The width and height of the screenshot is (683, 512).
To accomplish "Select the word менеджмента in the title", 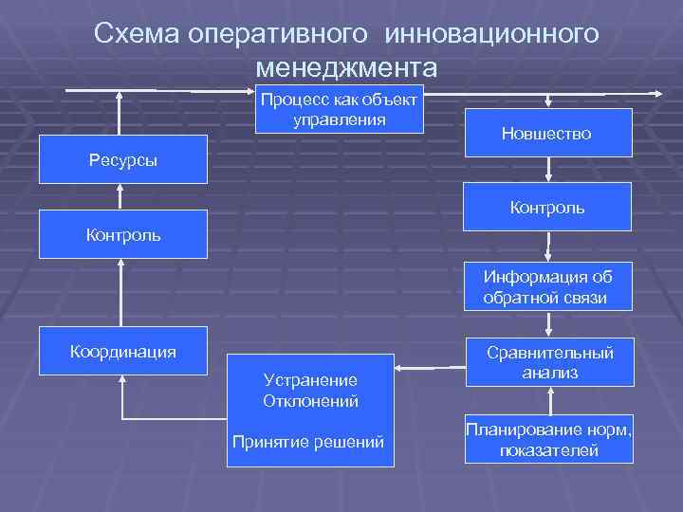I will coord(346,68).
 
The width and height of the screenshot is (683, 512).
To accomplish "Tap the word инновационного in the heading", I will coord(492,34).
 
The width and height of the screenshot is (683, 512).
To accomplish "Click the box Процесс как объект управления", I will coord(340,110).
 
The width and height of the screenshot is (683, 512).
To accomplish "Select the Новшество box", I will coord(546,134).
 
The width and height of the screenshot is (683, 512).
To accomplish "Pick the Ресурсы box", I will coord(122,160).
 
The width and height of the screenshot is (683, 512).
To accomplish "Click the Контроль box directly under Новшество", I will coord(546,208).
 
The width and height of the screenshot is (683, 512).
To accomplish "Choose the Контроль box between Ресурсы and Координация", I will coord(122,233).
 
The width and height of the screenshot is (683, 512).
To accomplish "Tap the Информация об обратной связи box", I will coord(546,287).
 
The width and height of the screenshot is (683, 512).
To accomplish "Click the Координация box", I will coord(122,352).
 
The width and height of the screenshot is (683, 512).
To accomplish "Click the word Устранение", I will coord(310,379).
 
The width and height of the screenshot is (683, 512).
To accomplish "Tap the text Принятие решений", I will coord(310,442).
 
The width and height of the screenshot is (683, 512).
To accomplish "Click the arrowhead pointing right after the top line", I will coord(656,93).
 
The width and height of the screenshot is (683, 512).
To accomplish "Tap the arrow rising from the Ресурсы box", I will coord(120,114).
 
